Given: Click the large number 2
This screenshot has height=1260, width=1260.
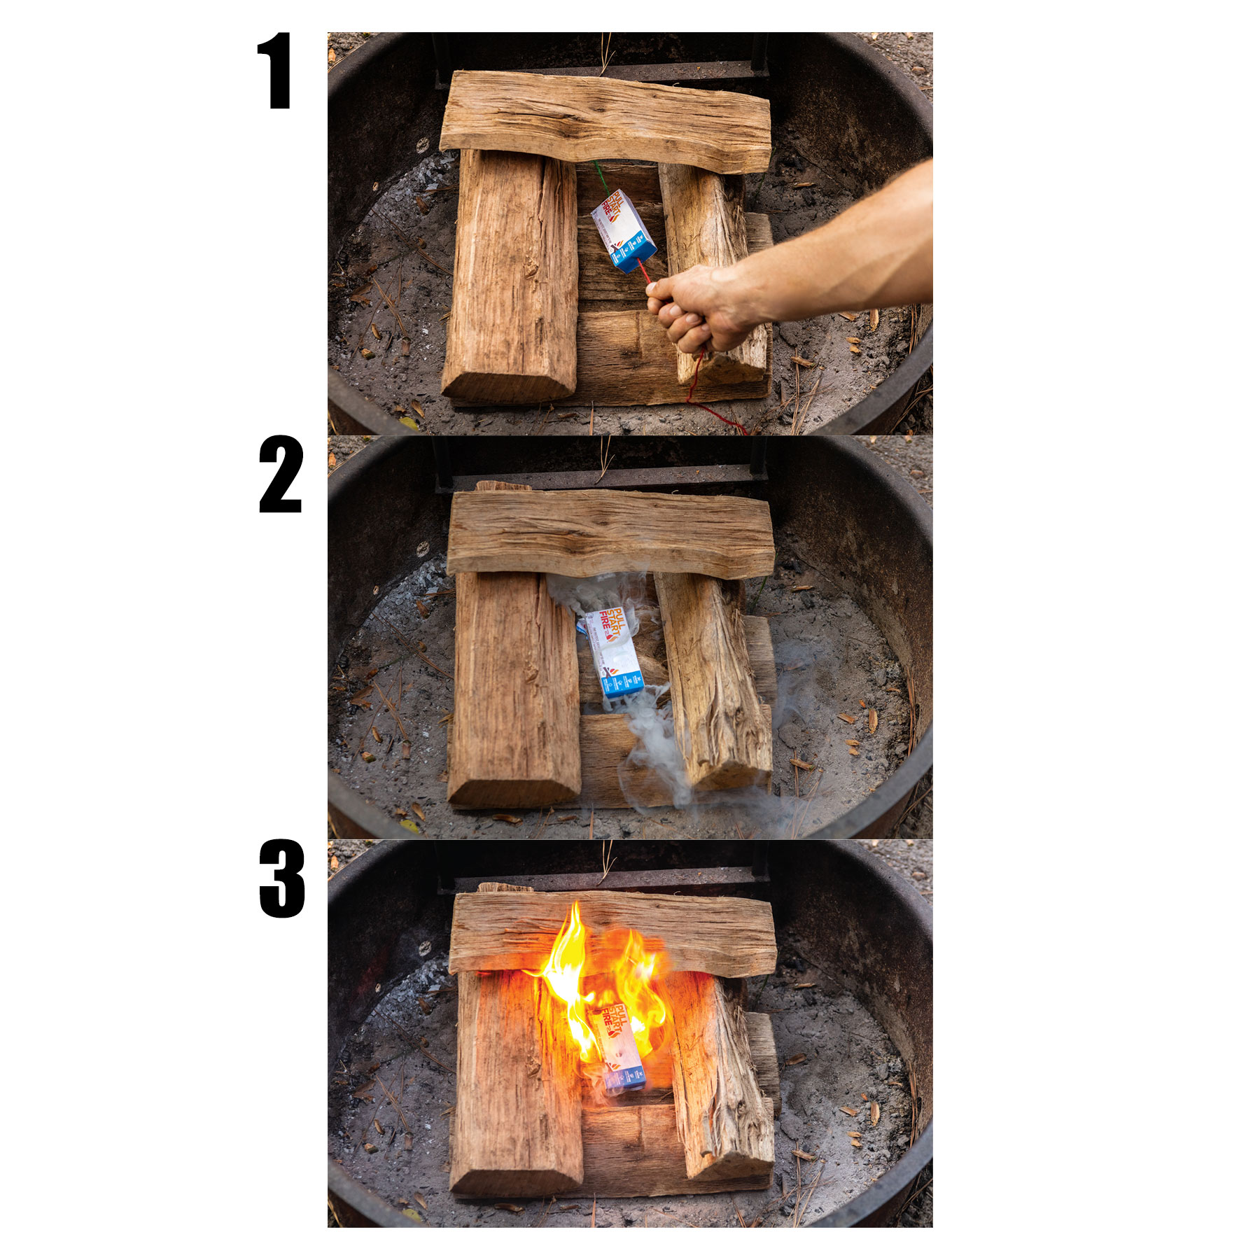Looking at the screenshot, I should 280,475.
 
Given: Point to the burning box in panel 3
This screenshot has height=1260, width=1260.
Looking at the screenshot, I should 619,1050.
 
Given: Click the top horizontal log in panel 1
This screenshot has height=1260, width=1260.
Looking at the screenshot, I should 605,122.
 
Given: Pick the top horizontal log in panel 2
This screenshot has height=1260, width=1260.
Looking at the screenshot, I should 609,533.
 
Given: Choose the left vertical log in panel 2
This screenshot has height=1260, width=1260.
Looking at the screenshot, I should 514,689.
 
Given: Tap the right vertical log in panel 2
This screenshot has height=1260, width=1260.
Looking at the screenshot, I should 714,679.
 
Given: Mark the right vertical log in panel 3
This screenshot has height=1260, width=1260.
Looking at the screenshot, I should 717,1078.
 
